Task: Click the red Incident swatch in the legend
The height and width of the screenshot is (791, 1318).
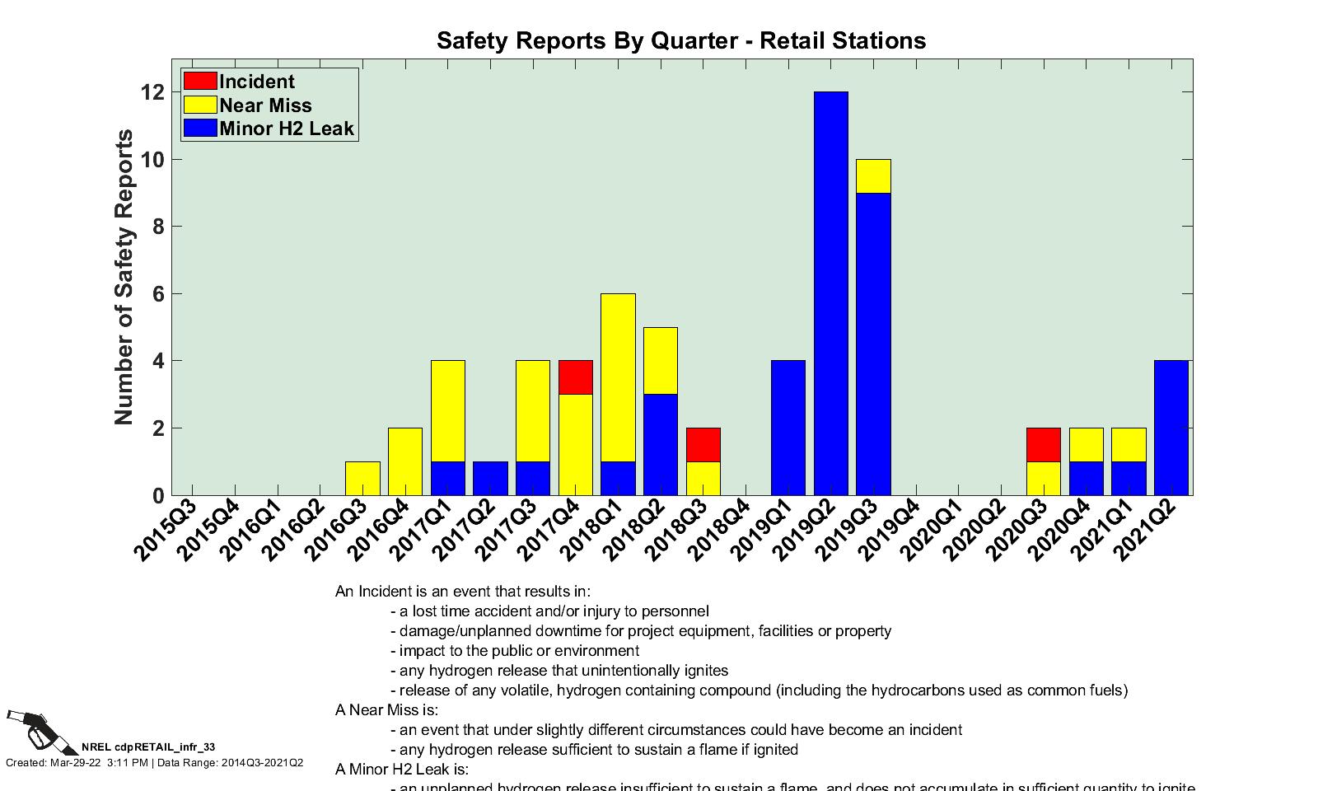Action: click(x=200, y=81)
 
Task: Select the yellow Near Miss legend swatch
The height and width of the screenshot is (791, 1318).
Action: click(x=200, y=105)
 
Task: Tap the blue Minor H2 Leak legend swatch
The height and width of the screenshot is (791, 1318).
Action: click(x=200, y=128)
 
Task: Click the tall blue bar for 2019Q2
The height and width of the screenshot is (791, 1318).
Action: click(x=830, y=293)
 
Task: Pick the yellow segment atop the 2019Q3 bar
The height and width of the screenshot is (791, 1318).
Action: click(x=873, y=176)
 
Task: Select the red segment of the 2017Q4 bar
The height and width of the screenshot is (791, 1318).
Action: click(x=576, y=377)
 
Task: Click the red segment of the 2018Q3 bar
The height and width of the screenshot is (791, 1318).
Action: click(x=703, y=445)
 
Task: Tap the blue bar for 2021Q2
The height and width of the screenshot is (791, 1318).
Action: click(x=1171, y=428)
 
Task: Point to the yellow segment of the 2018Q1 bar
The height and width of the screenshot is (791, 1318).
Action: click(x=619, y=377)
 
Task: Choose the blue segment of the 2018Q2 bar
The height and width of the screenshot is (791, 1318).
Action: click(x=661, y=445)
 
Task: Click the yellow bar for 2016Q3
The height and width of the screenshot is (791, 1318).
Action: click(x=362, y=479)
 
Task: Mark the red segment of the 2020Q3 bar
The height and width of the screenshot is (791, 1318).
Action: click(x=1043, y=445)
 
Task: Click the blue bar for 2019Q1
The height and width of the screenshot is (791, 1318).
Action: click(x=788, y=428)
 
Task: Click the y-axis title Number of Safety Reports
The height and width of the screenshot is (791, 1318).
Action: click(x=124, y=277)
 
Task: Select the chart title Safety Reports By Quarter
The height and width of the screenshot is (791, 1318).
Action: click(x=680, y=40)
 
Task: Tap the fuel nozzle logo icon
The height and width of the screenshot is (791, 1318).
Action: click(x=38, y=729)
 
